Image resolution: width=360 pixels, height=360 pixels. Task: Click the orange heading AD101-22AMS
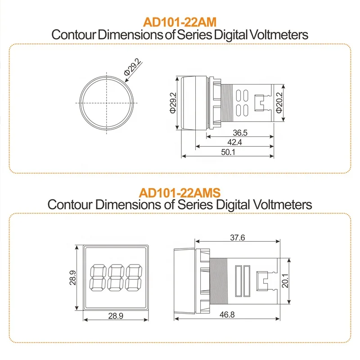180,193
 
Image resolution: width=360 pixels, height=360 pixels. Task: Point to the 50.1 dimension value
226,153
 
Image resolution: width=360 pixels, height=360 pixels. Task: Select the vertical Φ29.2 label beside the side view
173,103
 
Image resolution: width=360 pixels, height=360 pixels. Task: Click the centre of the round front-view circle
108,103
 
